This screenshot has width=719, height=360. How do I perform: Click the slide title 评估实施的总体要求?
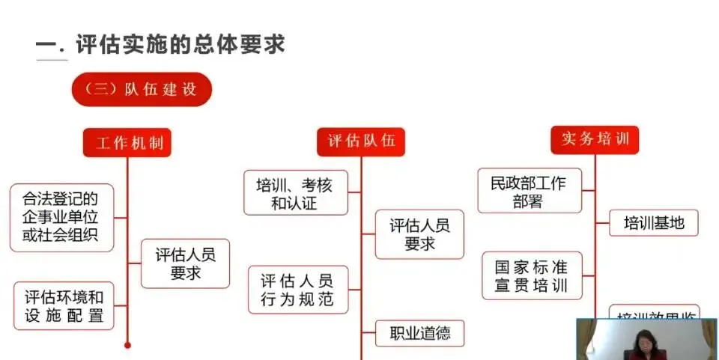[180, 43]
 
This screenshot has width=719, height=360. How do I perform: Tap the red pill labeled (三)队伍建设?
[142, 89]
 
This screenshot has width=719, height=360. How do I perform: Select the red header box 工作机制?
[127, 143]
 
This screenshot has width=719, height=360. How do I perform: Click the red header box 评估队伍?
[361, 141]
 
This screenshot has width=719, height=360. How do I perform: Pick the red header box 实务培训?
[595, 139]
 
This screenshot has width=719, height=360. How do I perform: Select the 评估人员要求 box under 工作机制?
[185, 263]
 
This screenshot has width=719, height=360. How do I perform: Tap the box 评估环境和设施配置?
[64, 305]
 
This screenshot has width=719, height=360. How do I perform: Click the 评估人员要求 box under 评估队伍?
[419, 234]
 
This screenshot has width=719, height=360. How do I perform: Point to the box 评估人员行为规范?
[297, 290]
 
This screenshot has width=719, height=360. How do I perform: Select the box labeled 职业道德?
[419, 332]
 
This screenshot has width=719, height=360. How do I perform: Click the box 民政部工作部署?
[529, 192]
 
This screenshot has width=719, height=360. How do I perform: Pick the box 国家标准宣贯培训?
[530, 275]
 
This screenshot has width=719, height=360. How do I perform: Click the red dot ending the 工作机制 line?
[127, 345]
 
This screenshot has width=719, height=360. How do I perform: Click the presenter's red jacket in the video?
[643, 354]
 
